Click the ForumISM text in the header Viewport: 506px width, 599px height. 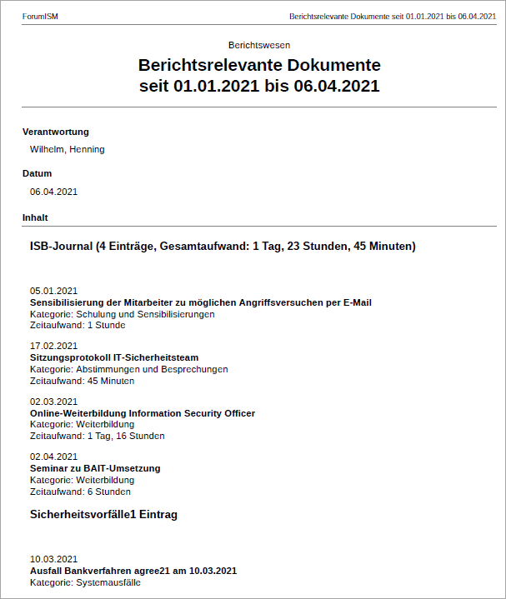click(40, 17)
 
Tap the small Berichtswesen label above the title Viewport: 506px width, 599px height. click(258, 45)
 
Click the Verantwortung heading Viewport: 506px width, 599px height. click(55, 132)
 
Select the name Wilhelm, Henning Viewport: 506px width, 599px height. click(67, 150)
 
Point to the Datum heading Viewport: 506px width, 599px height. click(37, 173)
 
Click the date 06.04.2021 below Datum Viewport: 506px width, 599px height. click(53, 192)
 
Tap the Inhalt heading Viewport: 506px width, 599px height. click(35, 217)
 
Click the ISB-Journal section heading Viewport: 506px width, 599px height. click(223, 247)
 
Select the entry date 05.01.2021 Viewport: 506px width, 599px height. click(53, 291)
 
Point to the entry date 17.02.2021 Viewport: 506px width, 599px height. click(53, 346)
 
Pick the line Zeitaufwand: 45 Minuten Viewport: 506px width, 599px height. click(82, 381)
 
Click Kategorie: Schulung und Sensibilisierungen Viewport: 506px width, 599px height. click(122, 314)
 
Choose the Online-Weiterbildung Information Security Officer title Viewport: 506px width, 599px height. click(143, 413)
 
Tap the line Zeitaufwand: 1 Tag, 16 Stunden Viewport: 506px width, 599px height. click(97, 436)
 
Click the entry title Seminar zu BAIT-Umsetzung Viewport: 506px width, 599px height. click(95, 468)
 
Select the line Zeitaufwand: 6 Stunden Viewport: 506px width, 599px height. click(80, 492)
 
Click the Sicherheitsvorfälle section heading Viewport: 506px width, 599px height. click(103, 515)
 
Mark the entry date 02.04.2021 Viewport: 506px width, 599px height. click(53, 457)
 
